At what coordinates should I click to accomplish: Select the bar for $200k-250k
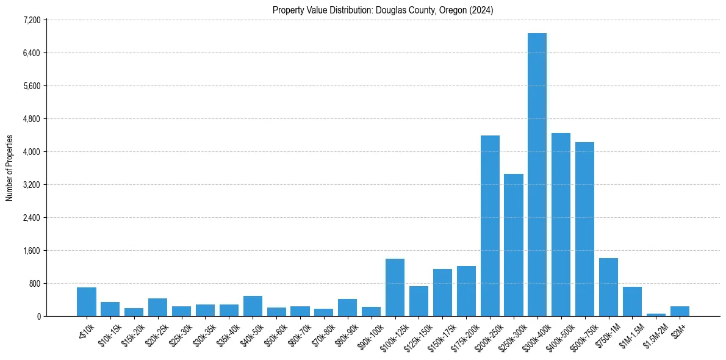click(490, 226)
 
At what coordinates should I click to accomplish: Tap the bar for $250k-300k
click(514, 245)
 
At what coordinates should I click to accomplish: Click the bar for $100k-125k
click(395, 287)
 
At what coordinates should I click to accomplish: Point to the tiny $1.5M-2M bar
click(656, 315)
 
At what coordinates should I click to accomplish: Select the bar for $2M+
click(680, 311)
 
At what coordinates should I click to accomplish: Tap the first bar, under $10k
click(87, 301)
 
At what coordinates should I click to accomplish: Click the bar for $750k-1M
click(608, 287)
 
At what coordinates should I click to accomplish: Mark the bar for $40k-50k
click(253, 306)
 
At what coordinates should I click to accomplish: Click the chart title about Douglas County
click(383, 10)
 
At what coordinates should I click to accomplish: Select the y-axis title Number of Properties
click(10, 168)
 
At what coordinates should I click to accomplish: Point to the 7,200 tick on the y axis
click(31, 20)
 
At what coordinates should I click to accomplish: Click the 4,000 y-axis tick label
click(31, 151)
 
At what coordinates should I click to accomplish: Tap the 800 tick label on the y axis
click(34, 283)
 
